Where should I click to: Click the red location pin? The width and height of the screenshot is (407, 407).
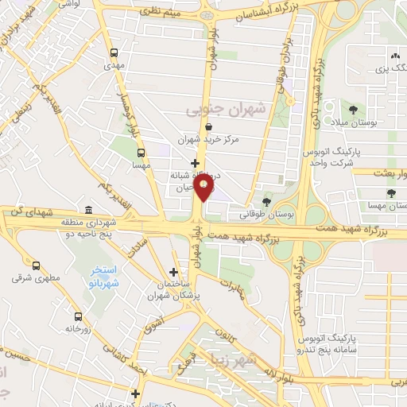pyautogui.click(x=204, y=187)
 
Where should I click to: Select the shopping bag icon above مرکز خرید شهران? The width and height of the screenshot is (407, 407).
pyautogui.click(x=208, y=126)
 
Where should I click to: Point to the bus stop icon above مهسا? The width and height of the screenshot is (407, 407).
pyautogui.click(x=141, y=153)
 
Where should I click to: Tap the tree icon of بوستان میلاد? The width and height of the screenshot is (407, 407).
pyautogui.click(x=353, y=110)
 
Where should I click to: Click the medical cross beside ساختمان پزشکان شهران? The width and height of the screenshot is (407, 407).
pyautogui.click(x=173, y=272)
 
